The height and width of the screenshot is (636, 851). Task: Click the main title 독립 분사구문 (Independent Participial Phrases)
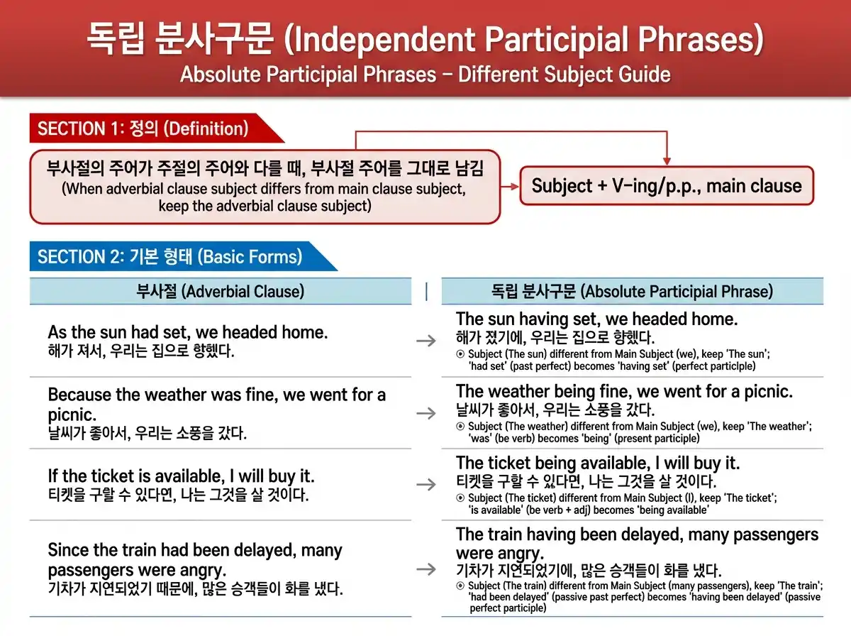425,39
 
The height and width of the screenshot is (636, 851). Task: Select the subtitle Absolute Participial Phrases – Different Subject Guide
425,74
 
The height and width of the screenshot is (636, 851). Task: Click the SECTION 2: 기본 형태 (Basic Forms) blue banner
170,256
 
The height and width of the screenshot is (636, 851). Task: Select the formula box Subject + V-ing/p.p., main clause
666,186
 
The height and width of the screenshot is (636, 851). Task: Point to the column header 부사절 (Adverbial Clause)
220,291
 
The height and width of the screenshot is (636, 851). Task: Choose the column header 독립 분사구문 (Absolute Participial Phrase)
632,291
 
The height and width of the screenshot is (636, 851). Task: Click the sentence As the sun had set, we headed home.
188,332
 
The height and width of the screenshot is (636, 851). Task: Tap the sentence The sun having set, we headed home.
596,319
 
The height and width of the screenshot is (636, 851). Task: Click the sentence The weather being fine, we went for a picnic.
624,391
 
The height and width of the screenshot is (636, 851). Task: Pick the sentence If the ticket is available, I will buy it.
181,476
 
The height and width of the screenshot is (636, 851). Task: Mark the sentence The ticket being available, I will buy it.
598,464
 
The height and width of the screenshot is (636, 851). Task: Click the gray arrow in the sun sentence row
425,341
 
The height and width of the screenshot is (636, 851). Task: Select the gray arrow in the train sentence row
425,569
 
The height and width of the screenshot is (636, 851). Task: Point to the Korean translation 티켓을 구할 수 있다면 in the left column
178,495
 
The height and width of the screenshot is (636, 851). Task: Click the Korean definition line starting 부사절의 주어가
265,169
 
